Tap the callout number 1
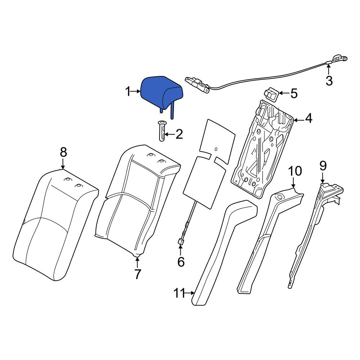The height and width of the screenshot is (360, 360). pyautogui.click(x=128, y=91)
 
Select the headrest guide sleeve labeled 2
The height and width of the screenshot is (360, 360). pyautogui.click(x=162, y=131)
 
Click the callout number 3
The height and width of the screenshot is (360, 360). pyautogui.click(x=329, y=81)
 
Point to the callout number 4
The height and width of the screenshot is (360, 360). pyautogui.click(x=309, y=118)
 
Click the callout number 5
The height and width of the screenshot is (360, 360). pyautogui.click(x=294, y=94)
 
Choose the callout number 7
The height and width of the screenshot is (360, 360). pyautogui.click(x=137, y=274)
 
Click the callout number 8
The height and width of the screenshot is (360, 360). pyautogui.click(x=63, y=152)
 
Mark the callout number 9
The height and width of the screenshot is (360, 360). pyautogui.click(x=323, y=166)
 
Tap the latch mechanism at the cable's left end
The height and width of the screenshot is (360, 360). pyautogui.click(x=197, y=84)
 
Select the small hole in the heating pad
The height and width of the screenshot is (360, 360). pyautogui.click(x=216, y=149)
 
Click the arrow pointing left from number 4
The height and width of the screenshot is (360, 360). pyautogui.click(x=298, y=120)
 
